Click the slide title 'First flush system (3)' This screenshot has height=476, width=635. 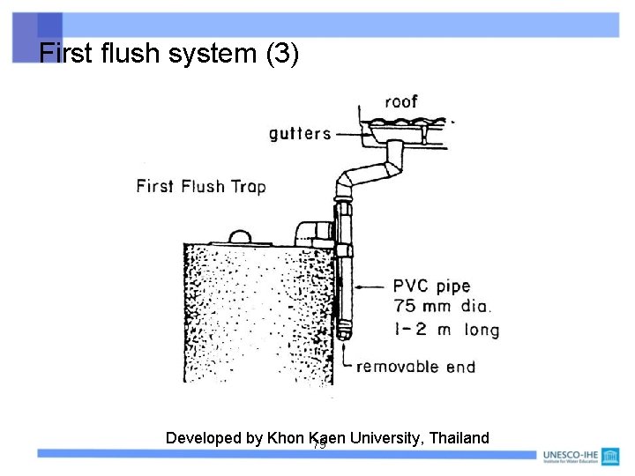tap(169, 55)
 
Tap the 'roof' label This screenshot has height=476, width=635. tap(400, 101)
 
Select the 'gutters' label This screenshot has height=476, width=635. tap(300, 134)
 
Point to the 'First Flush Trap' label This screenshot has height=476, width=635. tap(201, 186)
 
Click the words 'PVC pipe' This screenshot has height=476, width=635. tap(432, 286)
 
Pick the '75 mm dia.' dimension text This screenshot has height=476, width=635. tap(443, 308)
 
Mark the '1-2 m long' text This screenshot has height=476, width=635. tap(446, 330)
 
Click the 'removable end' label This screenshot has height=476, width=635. tap(415, 367)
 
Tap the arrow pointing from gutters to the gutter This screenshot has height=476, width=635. tap(353, 134)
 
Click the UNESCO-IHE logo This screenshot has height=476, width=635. tap(579, 456)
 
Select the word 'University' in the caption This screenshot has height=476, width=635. tap(383, 438)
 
